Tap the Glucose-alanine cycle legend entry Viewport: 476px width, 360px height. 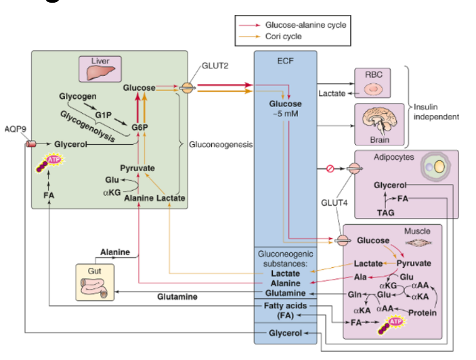(312, 25)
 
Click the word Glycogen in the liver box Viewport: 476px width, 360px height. (77, 97)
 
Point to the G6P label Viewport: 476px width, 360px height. (140, 127)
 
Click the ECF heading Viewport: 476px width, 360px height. (285, 61)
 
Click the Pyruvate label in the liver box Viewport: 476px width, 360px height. (137, 167)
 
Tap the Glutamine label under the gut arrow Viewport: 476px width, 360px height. (177, 296)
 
